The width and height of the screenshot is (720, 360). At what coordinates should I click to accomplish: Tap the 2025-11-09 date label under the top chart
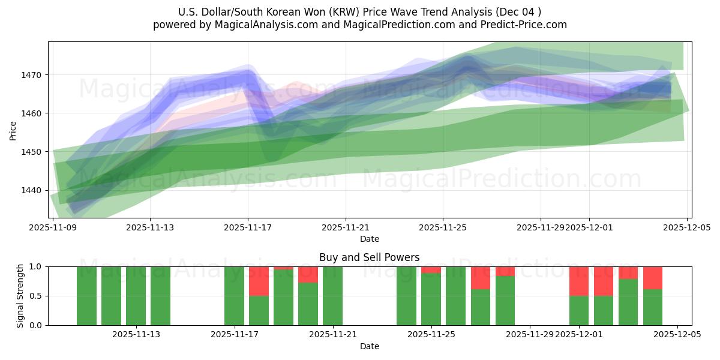pos(53,227)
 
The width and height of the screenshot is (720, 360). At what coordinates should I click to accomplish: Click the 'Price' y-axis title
pos(13,130)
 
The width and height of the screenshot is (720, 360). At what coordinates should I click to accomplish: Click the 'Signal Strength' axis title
pos(20,296)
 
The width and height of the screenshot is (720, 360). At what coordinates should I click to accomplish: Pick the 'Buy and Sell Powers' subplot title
pos(370,257)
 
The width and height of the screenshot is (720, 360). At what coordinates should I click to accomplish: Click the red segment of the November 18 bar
pos(259,281)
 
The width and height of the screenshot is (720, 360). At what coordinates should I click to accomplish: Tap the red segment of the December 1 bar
pos(579,281)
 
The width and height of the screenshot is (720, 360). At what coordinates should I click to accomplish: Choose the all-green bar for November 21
pos(332,296)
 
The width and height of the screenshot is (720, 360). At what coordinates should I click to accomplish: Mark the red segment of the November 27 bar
pos(481,278)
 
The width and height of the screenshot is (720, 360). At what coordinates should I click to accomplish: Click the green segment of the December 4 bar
pos(653,307)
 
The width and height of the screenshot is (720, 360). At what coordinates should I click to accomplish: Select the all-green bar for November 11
pos(111,296)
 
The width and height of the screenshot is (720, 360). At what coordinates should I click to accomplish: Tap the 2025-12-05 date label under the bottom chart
pos(677,334)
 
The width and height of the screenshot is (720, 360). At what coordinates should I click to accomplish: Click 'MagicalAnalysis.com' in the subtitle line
pos(262,25)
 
